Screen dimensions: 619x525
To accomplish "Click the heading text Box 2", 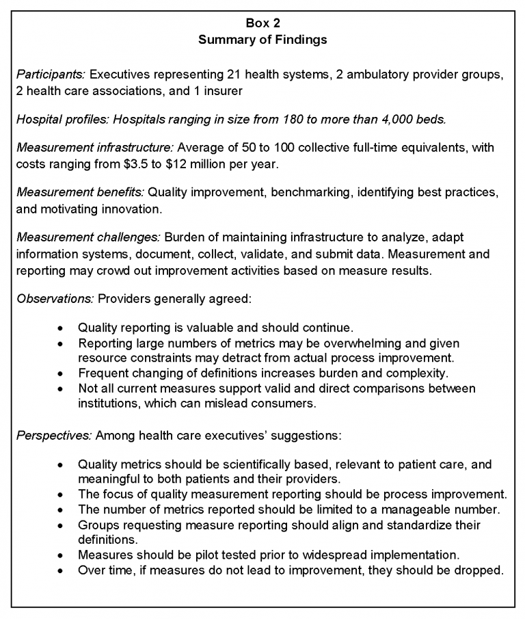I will [x=262, y=23].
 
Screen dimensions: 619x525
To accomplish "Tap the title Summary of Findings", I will [x=262, y=40].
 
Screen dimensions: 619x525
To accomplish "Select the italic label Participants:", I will [x=51, y=74].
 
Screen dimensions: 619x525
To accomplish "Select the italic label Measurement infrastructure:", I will [x=95, y=147].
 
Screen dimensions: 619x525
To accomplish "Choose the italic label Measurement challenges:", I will [x=88, y=237].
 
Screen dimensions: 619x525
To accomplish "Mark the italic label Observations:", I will [x=55, y=300].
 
